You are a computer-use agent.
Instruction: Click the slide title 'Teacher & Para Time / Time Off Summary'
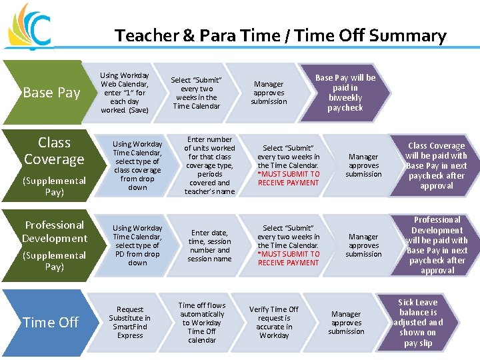[280, 35]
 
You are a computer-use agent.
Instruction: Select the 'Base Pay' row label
[51, 93]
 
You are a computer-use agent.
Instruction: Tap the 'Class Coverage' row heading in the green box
[54, 151]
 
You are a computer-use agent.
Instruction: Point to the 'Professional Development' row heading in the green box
[55, 231]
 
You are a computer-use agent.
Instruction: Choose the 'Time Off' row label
[51, 322]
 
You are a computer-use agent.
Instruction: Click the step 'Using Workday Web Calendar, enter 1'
[125, 93]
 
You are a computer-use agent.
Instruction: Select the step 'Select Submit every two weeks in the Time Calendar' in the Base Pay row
[196, 93]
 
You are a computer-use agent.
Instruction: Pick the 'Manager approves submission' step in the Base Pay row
[269, 93]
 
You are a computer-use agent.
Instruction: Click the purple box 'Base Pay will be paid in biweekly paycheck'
[345, 93]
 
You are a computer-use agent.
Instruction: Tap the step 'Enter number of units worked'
[209, 165]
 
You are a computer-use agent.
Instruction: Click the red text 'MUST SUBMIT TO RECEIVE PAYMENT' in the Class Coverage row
[289, 178]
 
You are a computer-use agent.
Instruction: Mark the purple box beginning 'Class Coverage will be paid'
[437, 165]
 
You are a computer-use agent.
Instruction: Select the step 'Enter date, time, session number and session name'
[209, 245]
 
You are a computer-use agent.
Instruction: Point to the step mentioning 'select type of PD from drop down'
[137, 245]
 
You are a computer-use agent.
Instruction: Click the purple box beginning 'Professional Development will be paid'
[437, 245]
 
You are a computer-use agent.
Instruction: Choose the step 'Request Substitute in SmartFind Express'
[130, 323]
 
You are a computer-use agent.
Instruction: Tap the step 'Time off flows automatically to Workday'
[202, 323]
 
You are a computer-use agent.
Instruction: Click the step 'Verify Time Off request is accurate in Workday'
[274, 323]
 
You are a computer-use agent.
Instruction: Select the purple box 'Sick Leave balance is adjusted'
[418, 323]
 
